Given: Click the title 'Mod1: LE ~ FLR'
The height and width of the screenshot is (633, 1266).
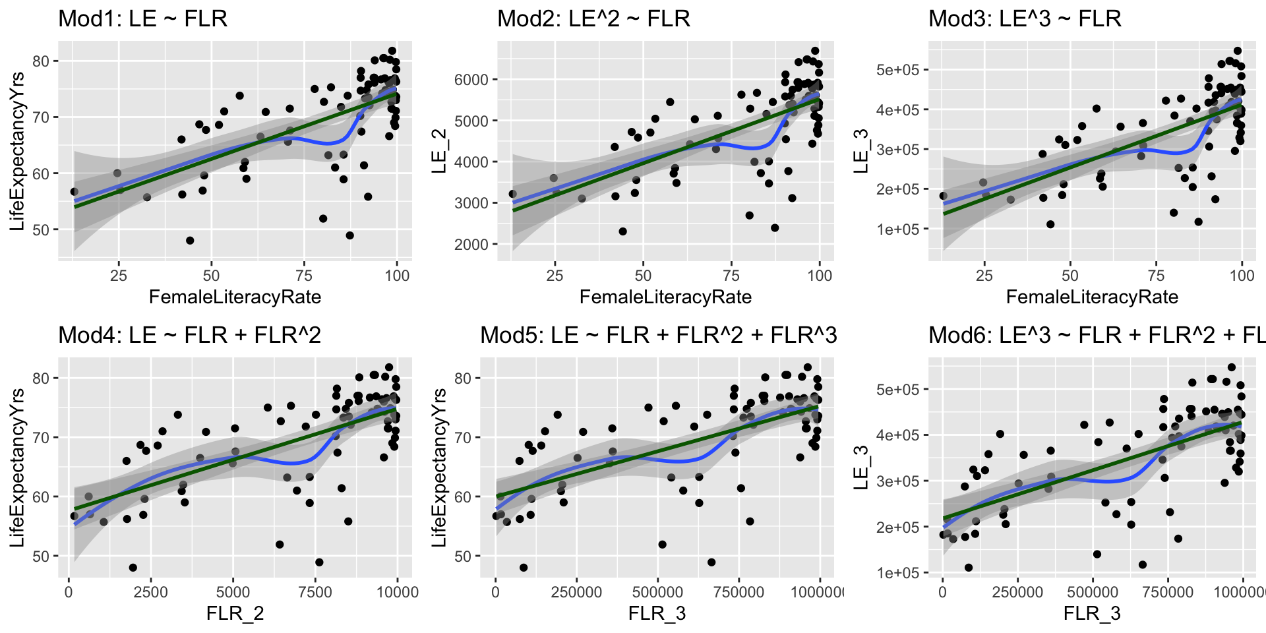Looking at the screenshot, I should pyautogui.click(x=142, y=18).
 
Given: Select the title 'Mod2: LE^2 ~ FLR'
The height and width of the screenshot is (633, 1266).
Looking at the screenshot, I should pyautogui.click(x=593, y=18).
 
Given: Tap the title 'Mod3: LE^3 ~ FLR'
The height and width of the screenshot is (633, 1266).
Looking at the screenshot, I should pyautogui.click(x=1025, y=18).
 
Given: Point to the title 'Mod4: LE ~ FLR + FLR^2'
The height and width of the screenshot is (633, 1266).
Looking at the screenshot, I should pyautogui.click(x=189, y=335).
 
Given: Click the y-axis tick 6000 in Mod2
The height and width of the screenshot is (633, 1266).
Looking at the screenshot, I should pyautogui.click(x=471, y=80).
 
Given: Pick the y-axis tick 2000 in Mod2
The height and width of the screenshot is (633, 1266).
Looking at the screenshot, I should pyautogui.click(x=471, y=245).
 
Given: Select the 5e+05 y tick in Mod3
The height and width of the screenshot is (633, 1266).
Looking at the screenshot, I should pyautogui.click(x=897, y=70).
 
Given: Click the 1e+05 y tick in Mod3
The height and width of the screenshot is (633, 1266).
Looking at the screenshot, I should pyautogui.click(x=897, y=229).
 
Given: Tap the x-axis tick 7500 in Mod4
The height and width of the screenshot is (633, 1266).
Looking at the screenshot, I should pyautogui.click(x=315, y=592).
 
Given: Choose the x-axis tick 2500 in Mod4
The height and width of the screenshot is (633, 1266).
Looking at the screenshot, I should pyautogui.click(x=151, y=592).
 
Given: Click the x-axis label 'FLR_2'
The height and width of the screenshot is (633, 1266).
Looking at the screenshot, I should pyautogui.click(x=235, y=614).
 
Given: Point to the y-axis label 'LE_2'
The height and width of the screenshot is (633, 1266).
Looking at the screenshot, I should pyautogui.click(x=438, y=152).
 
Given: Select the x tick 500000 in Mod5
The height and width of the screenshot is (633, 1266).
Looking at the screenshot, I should pyautogui.click(x=657, y=592).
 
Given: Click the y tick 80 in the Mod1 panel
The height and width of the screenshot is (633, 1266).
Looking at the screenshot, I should pyautogui.click(x=41, y=61).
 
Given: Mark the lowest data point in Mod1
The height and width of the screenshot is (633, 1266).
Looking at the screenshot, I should pyautogui.click(x=190, y=241).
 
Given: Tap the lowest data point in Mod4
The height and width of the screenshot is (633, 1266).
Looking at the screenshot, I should pyautogui.click(x=133, y=568).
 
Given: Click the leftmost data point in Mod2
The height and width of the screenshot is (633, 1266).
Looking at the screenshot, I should pyautogui.click(x=512, y=194).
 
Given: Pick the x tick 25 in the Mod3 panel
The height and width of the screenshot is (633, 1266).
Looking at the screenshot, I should pyautogui.click(x=984, y=276).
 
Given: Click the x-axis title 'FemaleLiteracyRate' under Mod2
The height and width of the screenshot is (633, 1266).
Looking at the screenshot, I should pyautogui.click(x=665, y=297).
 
